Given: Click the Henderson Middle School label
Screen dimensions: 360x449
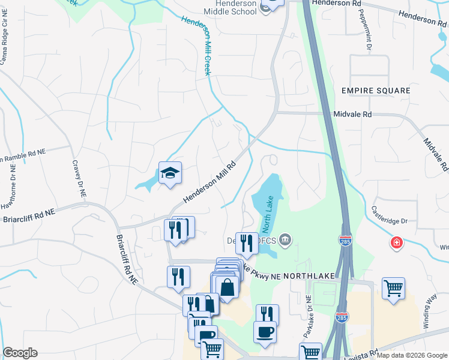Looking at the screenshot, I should [x=230, y=7].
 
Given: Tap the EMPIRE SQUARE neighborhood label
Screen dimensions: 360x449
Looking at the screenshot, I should [x=376, y=91].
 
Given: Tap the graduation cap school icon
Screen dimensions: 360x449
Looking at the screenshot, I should [x=170, y=173].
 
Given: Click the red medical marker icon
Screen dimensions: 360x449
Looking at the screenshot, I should [x=396, y=243].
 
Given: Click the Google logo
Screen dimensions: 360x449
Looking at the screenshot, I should [x=20, y=353].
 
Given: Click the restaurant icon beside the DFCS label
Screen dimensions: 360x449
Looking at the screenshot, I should [x=246, y=243].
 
